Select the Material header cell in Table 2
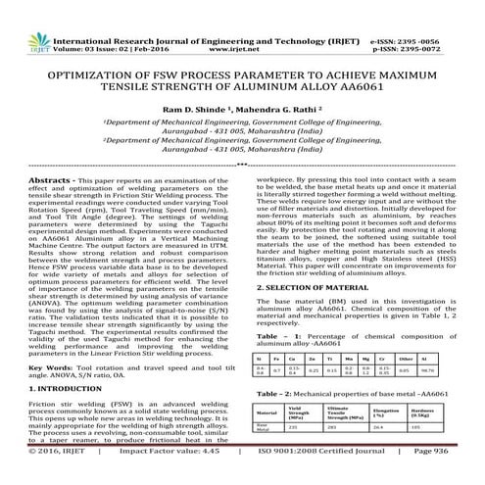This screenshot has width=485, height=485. tap(270, 412)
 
